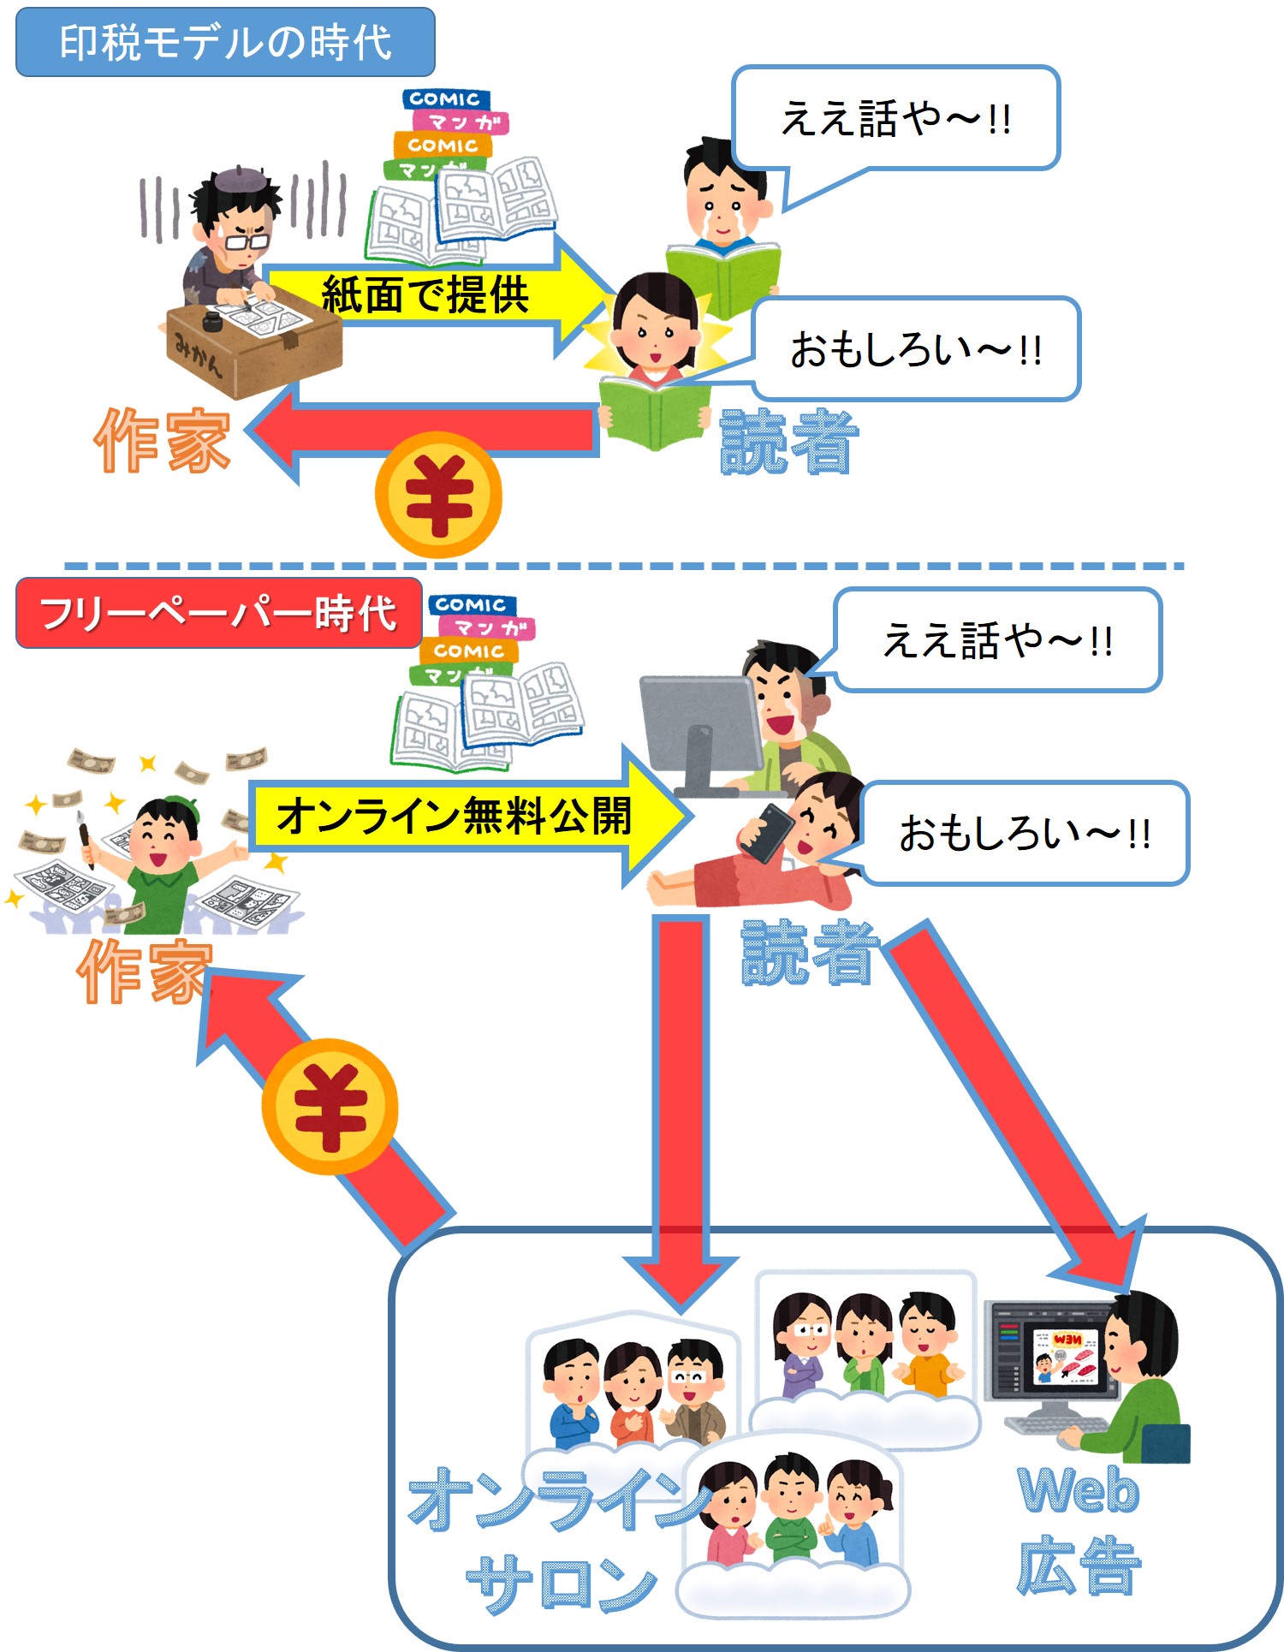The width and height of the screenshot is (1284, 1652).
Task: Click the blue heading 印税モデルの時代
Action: pos(225,42)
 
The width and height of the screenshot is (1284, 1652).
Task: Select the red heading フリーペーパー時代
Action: pos(218,613)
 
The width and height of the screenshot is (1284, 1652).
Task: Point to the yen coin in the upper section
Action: pos(438,496)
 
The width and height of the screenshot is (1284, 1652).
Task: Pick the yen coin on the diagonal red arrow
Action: pos(330,1106)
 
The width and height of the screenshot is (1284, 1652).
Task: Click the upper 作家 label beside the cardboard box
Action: pos(163,440)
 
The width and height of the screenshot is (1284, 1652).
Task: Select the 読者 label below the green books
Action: pos(788,442)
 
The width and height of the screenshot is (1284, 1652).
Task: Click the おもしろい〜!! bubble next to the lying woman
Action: pos(1025,833)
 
